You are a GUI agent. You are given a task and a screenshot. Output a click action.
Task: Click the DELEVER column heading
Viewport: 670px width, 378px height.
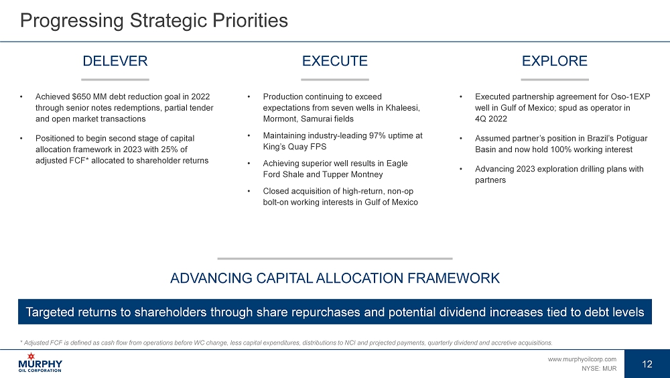pos(115,61)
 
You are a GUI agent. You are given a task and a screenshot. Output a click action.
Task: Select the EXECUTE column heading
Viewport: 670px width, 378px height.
pos(334,61)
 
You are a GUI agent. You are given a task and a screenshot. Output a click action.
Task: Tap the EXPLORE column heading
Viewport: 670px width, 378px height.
pos(555,61)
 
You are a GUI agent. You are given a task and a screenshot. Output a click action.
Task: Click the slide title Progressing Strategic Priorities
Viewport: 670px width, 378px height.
pos(154,21)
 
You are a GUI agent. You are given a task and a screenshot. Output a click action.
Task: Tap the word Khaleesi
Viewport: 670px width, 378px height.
pos(402,108)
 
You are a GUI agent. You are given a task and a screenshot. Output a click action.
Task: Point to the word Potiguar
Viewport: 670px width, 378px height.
pos(632,138)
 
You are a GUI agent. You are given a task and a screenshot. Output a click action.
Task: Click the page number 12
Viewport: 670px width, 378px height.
pos(647,364)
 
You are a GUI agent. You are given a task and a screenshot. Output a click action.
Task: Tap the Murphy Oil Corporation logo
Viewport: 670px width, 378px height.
pos(40,363)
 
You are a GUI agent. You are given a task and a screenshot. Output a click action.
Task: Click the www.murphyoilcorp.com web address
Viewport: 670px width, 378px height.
pos(582,359)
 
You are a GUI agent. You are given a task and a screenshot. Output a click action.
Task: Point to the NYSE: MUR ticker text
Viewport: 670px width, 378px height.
pos(598,368)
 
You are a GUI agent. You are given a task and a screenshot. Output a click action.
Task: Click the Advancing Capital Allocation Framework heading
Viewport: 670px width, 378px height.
pos(334,278)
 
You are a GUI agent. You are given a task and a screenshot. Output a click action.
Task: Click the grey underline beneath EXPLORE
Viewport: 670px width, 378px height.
pos(555,80)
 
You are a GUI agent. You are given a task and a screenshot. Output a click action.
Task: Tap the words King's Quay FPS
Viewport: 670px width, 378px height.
pos(294,147)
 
